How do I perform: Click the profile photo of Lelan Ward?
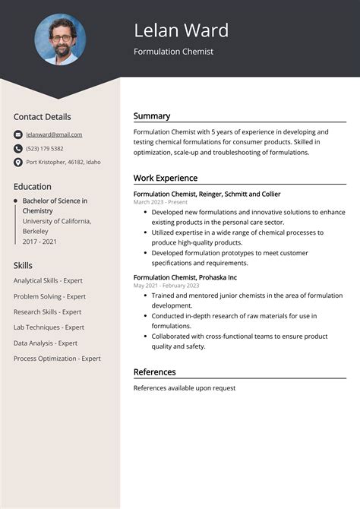[60, 40]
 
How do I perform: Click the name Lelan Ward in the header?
[181, 30]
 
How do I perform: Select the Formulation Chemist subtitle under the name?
[173, 52]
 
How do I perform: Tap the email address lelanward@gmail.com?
[54, 134]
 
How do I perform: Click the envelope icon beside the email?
[18, 134]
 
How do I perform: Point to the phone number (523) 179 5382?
[45, 148]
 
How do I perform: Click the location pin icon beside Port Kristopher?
[18, 163]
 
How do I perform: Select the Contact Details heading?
[42, 117]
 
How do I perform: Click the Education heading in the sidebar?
[32, 186]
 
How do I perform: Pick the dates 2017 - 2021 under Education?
[39, 240]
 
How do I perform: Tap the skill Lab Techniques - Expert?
[49, 327]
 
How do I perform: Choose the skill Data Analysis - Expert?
[46, 343]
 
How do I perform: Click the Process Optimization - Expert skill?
[57, 359]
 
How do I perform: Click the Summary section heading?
[151, 116]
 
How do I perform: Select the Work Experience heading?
[165, 178]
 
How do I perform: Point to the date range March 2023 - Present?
[160, 203]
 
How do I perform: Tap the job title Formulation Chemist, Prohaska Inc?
[185, 277]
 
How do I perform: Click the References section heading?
[154, 371]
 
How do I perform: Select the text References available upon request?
[184, 388]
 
